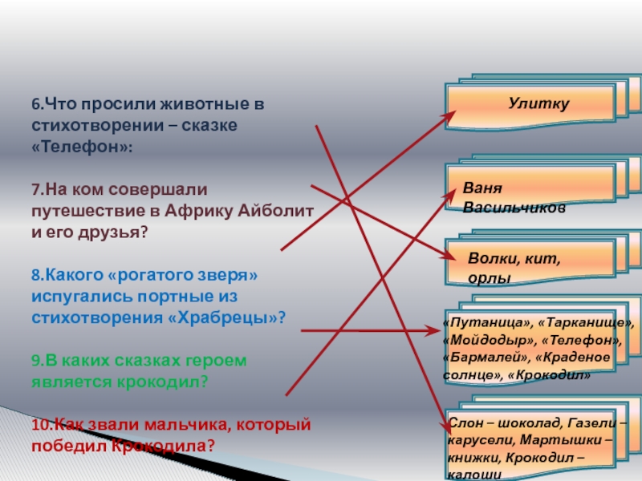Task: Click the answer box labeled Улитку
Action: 536,105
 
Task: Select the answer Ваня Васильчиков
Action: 514,197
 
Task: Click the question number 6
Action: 36,105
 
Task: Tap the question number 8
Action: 36,275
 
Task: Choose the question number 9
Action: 36,361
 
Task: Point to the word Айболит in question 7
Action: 276,211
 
